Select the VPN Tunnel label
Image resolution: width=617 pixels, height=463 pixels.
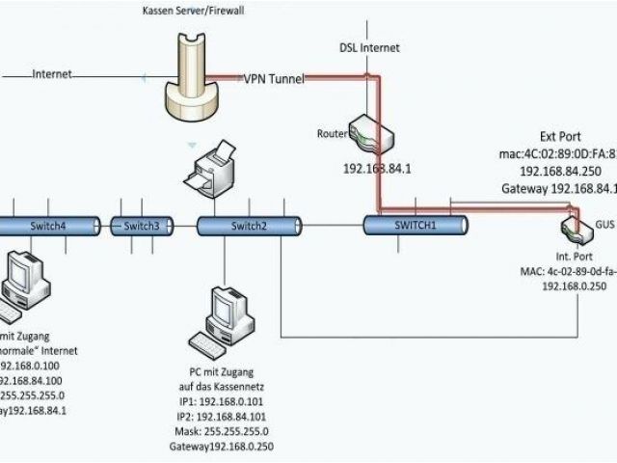tap(273, 78)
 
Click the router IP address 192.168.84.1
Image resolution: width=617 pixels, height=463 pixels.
tap(377, 167)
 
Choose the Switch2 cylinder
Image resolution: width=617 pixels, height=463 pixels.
tap(248, 226)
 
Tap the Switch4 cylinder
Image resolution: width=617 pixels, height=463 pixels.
tap(47, 226)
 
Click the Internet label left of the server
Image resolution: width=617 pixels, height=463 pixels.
tap(52, 74)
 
